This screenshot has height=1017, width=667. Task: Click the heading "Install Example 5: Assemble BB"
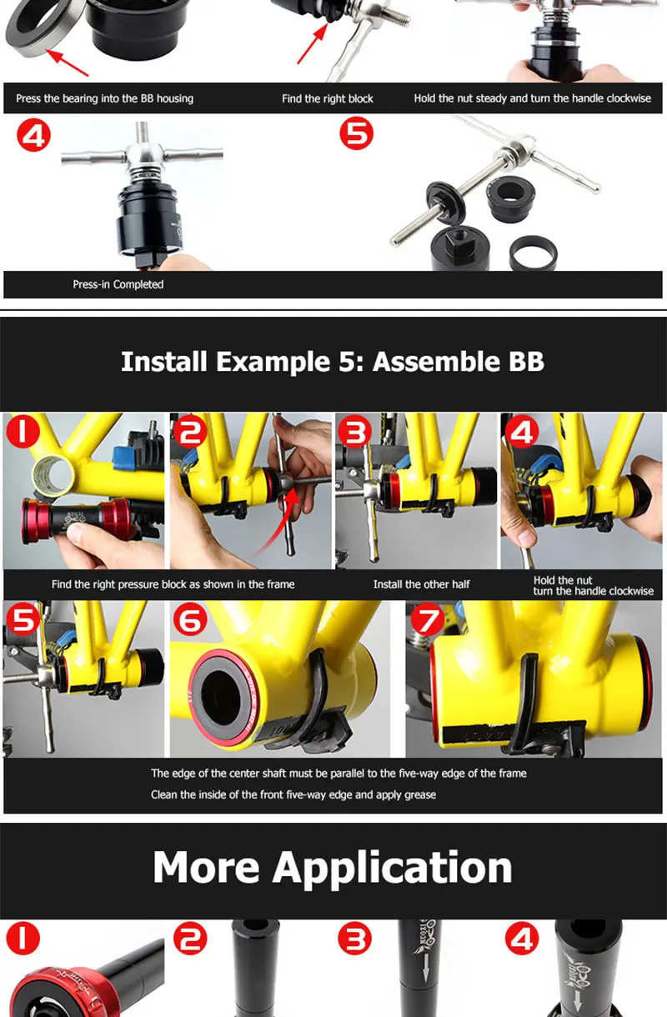click(x=333, y=362)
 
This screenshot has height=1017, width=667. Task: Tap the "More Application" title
click(x=333, y=867)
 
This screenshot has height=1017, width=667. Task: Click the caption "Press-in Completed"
click(x=118, y=284)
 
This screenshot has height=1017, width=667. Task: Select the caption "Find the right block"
click(x=328, y=98)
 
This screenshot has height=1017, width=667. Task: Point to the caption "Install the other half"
click(x=421, y=584)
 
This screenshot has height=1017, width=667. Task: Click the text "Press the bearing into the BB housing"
click(x=104, y=98)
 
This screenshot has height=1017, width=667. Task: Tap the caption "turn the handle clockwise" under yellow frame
click(x=594, y=591)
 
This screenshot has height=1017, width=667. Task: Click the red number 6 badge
click(x=190, y=619)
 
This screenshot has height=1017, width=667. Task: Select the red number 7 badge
click(x=428, y=619)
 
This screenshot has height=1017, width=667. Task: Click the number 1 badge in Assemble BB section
click(x=23, y=431)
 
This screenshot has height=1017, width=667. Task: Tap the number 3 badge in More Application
click(x=354, y=939)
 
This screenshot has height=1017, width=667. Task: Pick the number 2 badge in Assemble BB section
click(x=190, y=431)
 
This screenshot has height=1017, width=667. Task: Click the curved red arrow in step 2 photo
click(x=278, y=521)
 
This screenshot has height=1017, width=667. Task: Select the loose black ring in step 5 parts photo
click(x=533, y=253)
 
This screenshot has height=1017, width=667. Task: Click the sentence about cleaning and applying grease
click(x=293, y=794)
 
